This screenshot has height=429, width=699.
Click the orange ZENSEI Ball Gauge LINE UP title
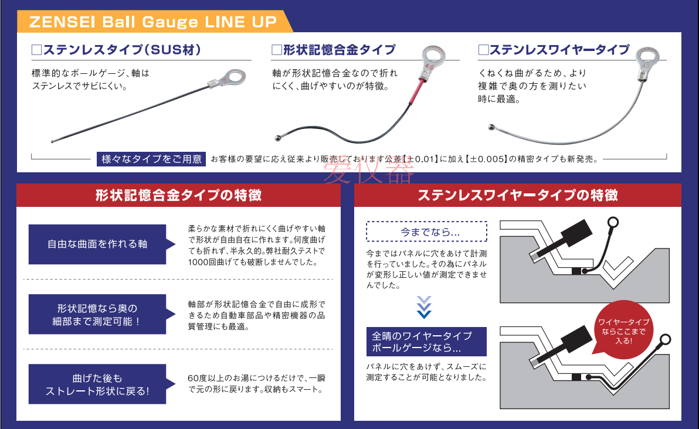(x=152, y=22)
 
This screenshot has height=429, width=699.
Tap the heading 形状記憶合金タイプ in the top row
(x=334, y=50)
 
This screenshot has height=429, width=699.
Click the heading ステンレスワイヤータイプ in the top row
(x=553, y=50)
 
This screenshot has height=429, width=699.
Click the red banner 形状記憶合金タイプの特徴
(x=178, y=195)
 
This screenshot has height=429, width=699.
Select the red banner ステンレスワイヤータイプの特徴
(x=518, y=195)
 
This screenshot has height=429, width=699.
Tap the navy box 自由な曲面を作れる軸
(x=97, y=244)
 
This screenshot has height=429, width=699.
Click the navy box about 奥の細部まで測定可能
(x=97, y=315)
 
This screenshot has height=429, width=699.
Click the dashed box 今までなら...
(x=426, y=231)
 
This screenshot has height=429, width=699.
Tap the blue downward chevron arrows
(x=424, y=307)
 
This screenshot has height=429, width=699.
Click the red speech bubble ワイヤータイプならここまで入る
(x=623, y=331)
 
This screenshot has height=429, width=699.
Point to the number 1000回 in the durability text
(x=200, y=262)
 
